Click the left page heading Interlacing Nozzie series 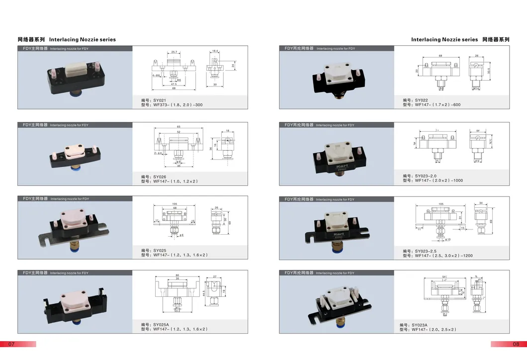pyautogui.click(x=83, y=39)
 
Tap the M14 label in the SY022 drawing pyautogui.click(x=476, y=89)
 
